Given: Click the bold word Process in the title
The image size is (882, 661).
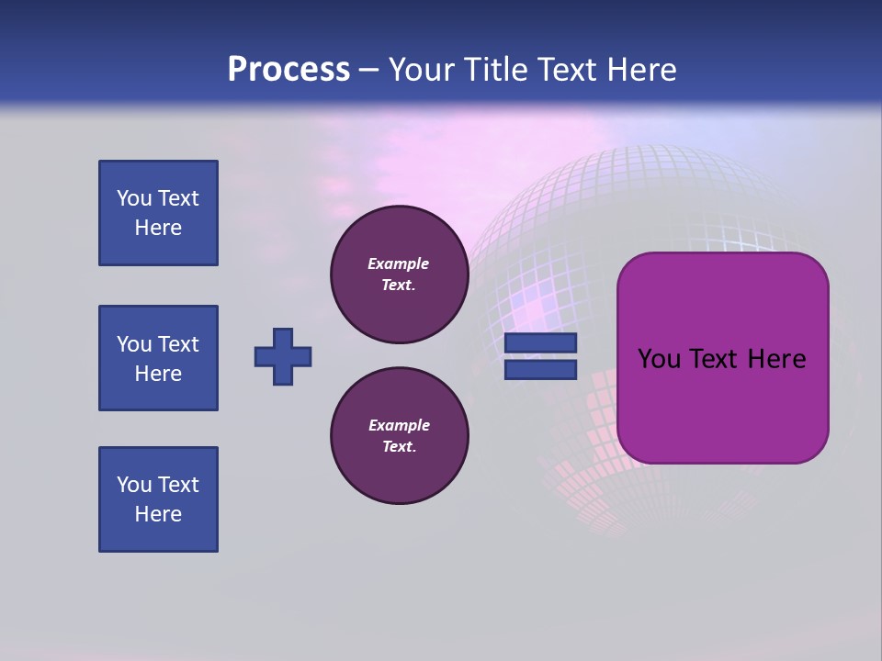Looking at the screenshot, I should click(x=288, y=70).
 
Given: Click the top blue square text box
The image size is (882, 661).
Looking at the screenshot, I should click(x=158, y=213).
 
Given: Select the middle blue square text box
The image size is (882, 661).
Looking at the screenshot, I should click(x=158, y=358).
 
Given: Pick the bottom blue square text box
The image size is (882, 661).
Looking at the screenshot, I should click(x=158, y=499).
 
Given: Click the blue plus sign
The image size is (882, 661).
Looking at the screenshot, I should click(x=283, y=356).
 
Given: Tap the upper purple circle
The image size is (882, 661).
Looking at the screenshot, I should click(x=400, y=274).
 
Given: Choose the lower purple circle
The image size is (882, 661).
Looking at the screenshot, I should click(x=400, y=436).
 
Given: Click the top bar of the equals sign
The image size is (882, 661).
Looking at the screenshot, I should click(x=541, y=342).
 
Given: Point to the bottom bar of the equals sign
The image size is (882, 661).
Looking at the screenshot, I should click(x=541, y=369).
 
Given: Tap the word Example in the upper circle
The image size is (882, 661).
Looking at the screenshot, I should click(x=399, y=264).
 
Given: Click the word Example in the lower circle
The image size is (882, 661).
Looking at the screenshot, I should click(x=399, y=426).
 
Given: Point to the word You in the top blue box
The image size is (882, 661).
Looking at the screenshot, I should click(x=133, y=198).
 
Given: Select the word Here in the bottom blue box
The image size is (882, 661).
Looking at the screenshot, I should click(x=158, y=514).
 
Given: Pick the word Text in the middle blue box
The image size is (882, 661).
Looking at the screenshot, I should click(x=177, y=344).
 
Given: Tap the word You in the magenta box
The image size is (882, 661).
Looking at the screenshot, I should click(x=658, y=358).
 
